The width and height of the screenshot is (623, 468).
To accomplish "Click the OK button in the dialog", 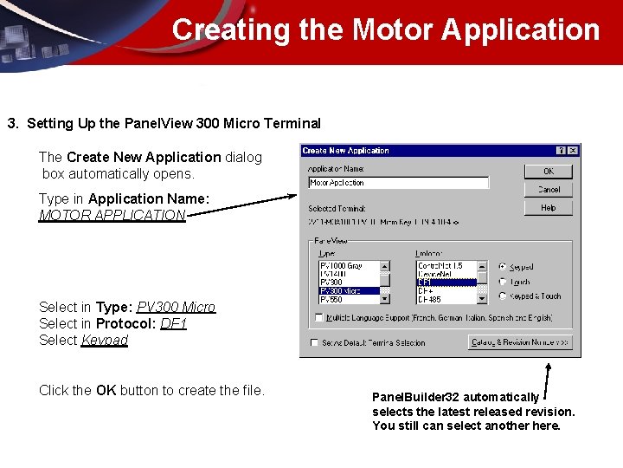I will (548, 172).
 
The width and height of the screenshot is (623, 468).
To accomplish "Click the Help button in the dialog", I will (548, 208).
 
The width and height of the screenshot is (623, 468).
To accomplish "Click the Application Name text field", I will (398, 183).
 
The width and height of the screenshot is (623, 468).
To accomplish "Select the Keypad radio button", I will (504, 267).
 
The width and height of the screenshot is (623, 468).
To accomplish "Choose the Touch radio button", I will (504, 282).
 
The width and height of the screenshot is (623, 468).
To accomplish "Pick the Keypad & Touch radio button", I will (504, 296).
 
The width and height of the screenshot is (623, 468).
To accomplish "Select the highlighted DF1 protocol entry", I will (445, 283).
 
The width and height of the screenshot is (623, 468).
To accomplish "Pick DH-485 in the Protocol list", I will (445, 300).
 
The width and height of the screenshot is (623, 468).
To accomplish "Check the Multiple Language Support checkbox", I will (319, 318).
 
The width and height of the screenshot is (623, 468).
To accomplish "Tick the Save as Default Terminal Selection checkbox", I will (313, 343).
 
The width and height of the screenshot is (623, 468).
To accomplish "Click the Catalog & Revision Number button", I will (520, 343).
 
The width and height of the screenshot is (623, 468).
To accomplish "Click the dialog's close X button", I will (572, 151).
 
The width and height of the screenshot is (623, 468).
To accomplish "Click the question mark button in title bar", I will (561, 151).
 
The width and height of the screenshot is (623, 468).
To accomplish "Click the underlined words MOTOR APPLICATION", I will (112, 216).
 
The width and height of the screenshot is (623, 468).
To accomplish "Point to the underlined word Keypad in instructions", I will (104, 341).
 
